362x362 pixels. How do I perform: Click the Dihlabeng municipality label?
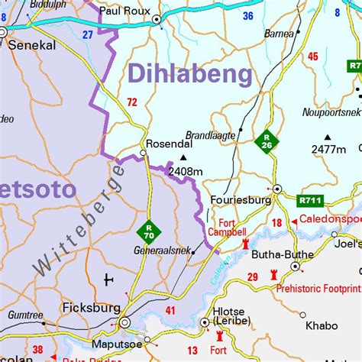coord(190,74)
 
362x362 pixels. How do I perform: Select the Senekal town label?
coord(32,46)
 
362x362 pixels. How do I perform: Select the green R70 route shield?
coord(149,230)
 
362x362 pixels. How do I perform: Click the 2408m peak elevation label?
coord(186,172)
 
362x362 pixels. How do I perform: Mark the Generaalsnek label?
coord(160,251)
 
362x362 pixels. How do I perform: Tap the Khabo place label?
coord(321,325)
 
